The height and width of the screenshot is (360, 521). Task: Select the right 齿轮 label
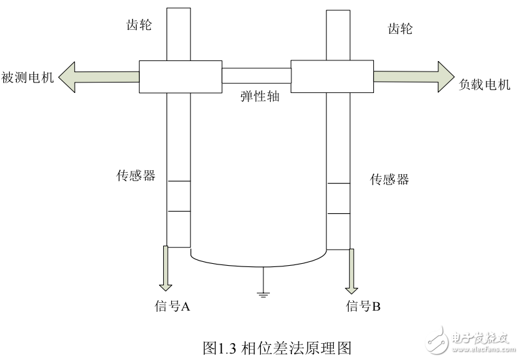pyautogui.click(x=399, y=29)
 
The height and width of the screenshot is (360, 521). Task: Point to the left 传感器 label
pyautogui.click(x=136, y=175)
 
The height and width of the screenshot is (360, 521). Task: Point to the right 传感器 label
pyautogui.click(x=390, y=179)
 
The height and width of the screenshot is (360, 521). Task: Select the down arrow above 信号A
pyautogui.click(x=167, y=268)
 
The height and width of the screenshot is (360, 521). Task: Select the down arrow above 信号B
pyautogui.click(x=352, y=271)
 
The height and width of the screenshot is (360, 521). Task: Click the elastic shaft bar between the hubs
pyautogui.click(x=256, y=76)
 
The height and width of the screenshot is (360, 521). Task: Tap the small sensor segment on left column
pyautogui.click(x=178, y=196)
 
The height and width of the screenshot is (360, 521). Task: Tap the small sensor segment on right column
pyautogui.click(x=338, y=199)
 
